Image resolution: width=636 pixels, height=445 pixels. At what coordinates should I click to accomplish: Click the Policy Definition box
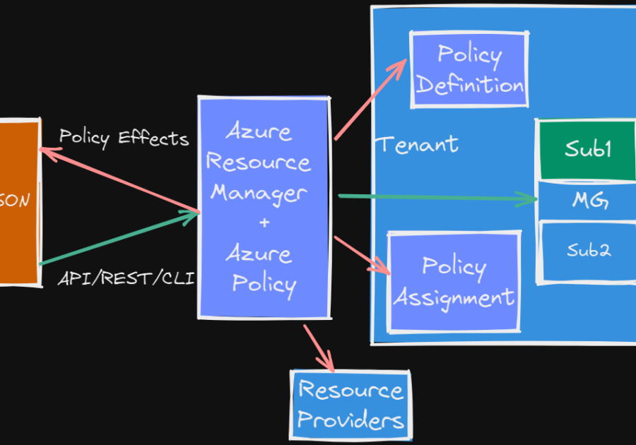click(x=469, y=70)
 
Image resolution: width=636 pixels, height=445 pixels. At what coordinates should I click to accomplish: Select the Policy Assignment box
click(x=454, y=281)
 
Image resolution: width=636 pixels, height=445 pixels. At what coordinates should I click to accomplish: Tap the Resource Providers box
click(x=351, y=405)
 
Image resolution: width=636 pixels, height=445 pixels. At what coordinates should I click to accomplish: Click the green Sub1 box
click(x=587, y=150)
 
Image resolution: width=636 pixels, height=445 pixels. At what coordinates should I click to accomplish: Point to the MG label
click(x=589, y=201)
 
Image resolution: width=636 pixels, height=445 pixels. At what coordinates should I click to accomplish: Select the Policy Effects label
click(x=124, y=137)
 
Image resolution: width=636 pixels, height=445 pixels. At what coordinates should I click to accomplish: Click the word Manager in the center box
click(x=259, y=192)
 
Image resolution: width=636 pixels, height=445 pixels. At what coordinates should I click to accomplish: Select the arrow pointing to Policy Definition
click(x=370, y=100)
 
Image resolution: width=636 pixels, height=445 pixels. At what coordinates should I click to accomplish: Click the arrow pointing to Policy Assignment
click(x=362, y=255)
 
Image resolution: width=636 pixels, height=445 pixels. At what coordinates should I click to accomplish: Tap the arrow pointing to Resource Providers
click(x=319, y=348)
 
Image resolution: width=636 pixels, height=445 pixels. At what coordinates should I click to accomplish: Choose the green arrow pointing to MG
click(x=438, y=197)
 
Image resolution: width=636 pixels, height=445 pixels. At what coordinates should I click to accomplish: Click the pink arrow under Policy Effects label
click(x=120, y=179)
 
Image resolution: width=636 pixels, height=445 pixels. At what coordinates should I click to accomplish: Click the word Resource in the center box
click(x=258, y=162)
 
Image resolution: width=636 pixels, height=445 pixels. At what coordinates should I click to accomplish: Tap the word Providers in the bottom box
click(x=351, y=420)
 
